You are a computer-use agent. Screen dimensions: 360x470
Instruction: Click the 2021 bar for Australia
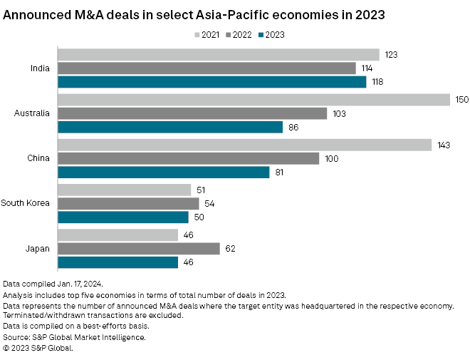coord(254,100)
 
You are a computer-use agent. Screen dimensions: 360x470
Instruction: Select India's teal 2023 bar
coord(211,82)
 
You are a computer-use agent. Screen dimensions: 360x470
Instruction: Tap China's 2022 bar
coord(188,158)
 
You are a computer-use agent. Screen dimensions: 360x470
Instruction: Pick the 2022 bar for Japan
coord(138,248)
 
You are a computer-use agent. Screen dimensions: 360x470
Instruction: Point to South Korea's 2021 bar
coord(124,190)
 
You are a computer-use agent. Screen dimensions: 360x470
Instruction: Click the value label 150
coord(462,100)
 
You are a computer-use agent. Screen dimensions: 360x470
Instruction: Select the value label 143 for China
coord(444,145)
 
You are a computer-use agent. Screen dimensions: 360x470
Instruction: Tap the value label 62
coord(229,248)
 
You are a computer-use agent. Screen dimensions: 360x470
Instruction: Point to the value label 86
coord(292,128)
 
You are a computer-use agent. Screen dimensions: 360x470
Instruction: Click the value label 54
coord(209,203)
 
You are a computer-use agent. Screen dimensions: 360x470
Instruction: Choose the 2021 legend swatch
coord(196,34)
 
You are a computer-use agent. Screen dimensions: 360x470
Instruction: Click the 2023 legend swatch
coord(261,34)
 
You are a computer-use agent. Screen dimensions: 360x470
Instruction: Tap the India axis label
coord(39,68)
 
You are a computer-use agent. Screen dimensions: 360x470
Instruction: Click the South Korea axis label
coord(25,203)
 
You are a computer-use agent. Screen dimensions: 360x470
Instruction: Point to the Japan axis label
coord(38,248)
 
